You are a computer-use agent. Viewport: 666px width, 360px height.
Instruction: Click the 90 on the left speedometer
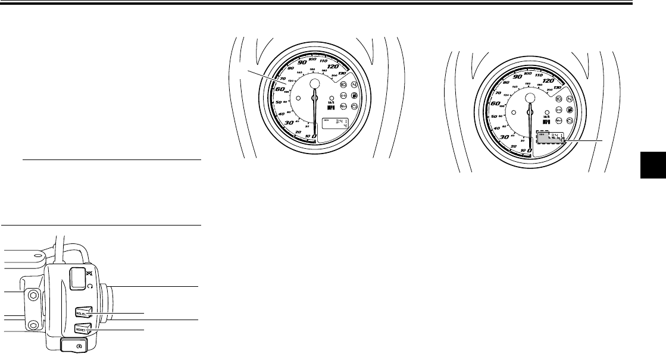(x=302, y=63)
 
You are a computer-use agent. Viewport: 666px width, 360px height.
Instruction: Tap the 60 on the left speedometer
(x=280, y=89)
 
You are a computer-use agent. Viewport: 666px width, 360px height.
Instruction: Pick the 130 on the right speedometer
(x=558, y=89)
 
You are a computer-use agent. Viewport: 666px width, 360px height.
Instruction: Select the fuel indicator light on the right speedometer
(x=570, y=110)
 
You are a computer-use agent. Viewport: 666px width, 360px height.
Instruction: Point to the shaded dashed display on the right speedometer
(x=551, y=139)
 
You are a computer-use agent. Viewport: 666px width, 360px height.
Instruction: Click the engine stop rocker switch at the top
(x=77, y=278)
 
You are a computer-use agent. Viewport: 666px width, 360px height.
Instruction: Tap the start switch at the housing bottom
(x=74, y=343)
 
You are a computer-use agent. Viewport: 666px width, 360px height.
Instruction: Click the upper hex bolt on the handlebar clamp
(x=32, y=295)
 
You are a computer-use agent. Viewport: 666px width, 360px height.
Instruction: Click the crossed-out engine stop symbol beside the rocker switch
(x=89, y=273)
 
